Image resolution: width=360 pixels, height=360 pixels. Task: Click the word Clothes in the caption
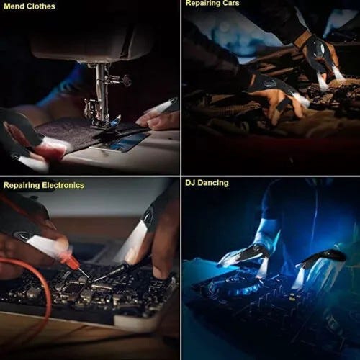point(40,6)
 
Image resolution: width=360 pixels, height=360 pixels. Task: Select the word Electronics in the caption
point(63,185)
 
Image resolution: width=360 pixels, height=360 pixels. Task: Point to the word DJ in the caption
point(190,183)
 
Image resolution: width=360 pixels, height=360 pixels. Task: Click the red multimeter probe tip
point(84,276)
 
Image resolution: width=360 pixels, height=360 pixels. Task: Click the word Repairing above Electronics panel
point(22,186)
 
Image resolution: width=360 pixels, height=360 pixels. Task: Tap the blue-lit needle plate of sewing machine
point(121,142)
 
